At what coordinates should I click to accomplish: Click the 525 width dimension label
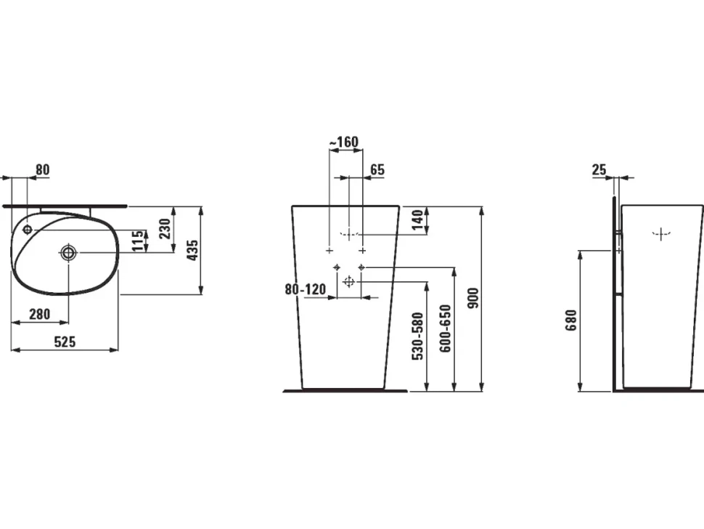pos(65,342)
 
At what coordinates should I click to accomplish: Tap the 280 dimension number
pos(39,314)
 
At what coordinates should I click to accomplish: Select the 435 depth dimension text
pos(192,251)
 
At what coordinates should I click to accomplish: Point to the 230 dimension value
pos(165,228)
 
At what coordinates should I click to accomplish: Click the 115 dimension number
pos(139,241)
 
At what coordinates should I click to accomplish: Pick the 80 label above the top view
pos(43,170)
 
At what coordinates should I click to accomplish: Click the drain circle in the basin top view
pos(68,253)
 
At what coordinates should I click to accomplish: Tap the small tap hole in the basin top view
pos(28,230)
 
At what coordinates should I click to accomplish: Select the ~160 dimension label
pos(344,142)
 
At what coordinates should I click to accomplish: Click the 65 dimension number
pos(377,170)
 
